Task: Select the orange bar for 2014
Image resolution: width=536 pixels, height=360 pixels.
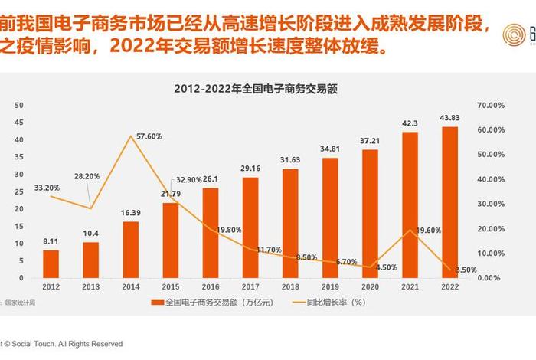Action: pos(131,248)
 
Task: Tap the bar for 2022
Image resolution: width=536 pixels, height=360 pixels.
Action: pos(450,201)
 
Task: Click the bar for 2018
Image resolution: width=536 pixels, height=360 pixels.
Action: pos(290,222)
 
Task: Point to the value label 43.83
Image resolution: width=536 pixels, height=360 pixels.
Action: pos(450,117)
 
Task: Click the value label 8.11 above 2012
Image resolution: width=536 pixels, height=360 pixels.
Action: pos(51,241)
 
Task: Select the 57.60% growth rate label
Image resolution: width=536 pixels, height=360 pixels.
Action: pos(149,136)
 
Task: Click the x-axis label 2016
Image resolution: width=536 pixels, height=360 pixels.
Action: pos(211,286)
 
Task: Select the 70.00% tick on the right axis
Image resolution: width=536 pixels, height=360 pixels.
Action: pos(490,106)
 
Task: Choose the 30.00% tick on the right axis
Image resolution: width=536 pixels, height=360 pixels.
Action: pos(490,204)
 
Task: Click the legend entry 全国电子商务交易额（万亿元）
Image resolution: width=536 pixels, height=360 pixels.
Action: pos(217,303)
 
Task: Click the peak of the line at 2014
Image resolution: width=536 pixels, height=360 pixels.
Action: pos(131,136)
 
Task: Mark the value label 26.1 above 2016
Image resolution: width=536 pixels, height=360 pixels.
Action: pos(211,178)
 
